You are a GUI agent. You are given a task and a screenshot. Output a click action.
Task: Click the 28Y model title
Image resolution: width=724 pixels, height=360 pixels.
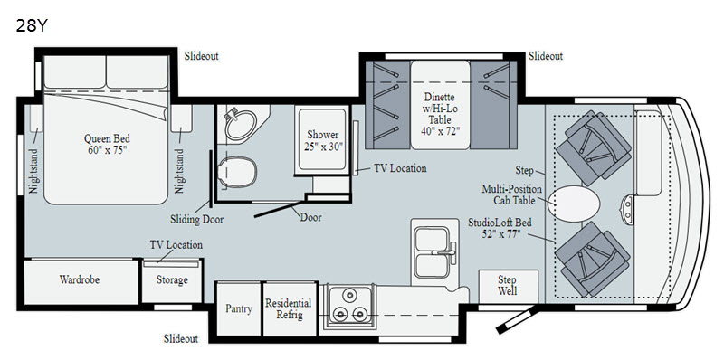[32, 26]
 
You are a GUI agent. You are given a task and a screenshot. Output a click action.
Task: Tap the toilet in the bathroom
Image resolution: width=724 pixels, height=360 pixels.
[237, 172]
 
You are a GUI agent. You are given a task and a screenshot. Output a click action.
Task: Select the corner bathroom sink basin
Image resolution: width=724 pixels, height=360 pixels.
[241, 124]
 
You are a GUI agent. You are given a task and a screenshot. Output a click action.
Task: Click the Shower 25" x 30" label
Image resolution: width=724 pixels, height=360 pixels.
[323, 141]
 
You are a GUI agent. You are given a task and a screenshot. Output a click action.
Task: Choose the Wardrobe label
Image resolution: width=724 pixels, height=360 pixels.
[80, 279]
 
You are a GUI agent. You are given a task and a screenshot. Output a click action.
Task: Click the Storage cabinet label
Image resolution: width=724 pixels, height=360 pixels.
[172, 280]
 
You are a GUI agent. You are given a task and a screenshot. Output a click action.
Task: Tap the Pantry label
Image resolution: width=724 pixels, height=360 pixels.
[239, 308]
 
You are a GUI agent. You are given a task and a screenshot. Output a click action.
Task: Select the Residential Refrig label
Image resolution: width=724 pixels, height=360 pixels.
[288, 308]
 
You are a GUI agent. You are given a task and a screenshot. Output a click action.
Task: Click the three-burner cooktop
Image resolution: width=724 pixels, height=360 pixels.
[350, 305]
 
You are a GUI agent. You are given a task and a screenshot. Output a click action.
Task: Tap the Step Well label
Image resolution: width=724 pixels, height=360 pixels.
[508, 285]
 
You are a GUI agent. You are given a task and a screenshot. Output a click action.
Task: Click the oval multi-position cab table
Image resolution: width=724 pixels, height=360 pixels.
[574, 204]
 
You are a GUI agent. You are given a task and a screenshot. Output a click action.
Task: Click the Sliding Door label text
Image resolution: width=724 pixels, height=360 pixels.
[196, 219]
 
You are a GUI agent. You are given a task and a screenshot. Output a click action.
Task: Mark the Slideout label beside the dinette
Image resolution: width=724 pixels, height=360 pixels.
[546, 56]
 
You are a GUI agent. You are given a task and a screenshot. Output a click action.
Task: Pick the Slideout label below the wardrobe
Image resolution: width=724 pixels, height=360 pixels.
[181, 339]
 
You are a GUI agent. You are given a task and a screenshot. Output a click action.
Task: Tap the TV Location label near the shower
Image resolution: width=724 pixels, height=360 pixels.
[400, 168]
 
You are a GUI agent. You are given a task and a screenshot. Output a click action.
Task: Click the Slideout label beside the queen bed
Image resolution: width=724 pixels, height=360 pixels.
[201, 56]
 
